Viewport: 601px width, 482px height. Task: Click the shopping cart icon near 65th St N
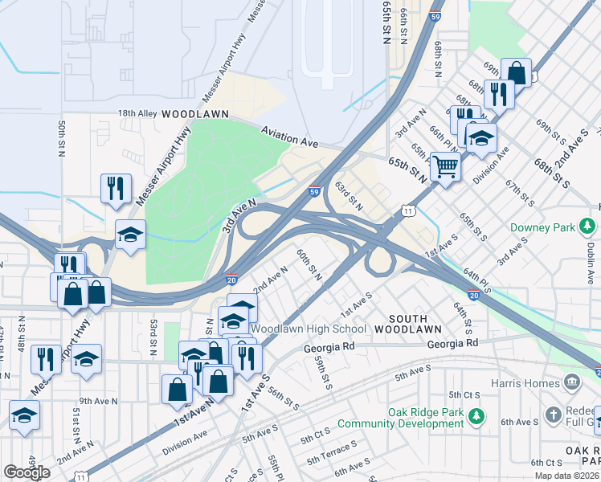[444, 167]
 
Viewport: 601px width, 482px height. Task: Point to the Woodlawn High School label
[309, 329]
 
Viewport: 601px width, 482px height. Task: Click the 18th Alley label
[137, 114]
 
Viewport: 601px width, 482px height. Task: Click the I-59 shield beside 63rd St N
[316, 191]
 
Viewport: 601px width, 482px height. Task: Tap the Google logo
[27, 472]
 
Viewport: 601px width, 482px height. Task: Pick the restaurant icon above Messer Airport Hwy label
[116, 188]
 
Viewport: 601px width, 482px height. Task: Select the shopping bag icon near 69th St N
[516, 72]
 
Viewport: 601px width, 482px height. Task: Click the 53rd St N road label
[152, 336]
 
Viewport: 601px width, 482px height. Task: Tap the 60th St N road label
[309, 264]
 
